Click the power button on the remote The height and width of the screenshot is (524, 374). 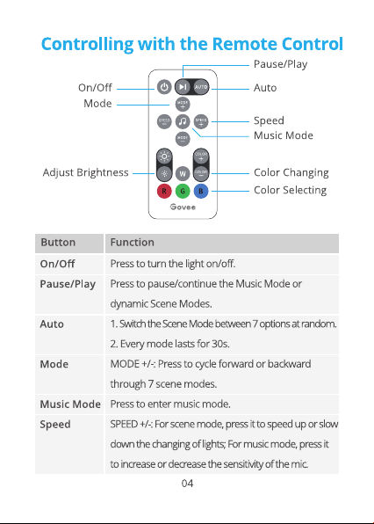coord(164,87)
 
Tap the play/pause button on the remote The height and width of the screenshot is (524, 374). coord(183,87)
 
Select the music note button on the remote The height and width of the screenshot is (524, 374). coord(183,121)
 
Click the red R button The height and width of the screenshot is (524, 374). coord(164,191)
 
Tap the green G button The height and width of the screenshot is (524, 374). coord(183,191)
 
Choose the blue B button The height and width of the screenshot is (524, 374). coord(201,191)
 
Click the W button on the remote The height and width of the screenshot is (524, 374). coord(183,173)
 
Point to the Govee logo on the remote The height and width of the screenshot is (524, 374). coord(183,207)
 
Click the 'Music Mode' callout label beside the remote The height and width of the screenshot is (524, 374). coord(284,135)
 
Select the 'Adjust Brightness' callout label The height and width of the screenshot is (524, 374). coord(85,173)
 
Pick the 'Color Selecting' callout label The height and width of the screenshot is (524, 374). coord(290,190)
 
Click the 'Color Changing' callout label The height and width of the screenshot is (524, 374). coord(291,173)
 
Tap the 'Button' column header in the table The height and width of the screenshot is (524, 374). coord(58,243)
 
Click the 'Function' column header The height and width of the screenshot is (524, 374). coord(132,243)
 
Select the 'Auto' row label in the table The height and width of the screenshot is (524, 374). coord(52,324)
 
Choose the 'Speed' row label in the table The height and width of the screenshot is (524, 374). coord(55,425)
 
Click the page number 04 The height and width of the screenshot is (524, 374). coord(187,484)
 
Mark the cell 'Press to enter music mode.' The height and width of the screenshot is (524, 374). coord(170,404)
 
